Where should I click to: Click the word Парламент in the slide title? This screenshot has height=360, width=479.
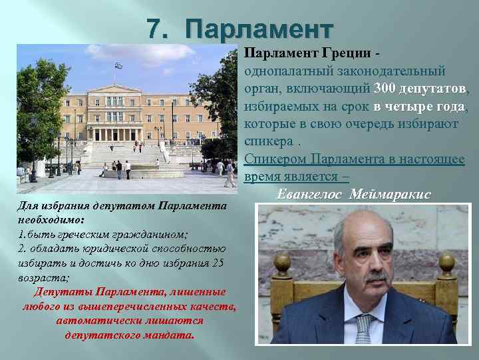259,30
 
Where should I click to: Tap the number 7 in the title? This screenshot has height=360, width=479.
154,30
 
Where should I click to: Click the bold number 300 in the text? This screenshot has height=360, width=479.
385,89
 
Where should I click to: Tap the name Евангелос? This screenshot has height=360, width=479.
308,194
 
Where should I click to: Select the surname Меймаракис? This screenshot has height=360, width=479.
391,194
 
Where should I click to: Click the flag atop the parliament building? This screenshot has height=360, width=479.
118,65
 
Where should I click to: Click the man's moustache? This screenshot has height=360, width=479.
377,275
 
